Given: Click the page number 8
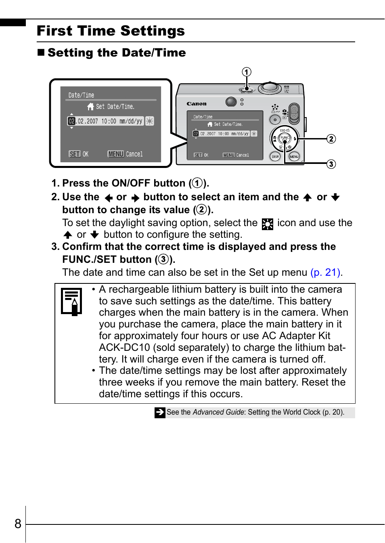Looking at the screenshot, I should (18, 524).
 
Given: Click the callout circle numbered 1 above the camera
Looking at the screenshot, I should (247, 72).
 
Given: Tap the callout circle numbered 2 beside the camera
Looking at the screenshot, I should (331, 139).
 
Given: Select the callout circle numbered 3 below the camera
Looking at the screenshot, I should (331, 164).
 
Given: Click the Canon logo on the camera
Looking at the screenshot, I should (197, 104).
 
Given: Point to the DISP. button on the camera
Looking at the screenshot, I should (275, 156).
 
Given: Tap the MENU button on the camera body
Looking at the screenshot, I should (294, 156).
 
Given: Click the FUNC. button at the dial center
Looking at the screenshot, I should (285, 138).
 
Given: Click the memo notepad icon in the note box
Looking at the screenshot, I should (71, 301).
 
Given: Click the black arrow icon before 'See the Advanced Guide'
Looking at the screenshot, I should (160, 412).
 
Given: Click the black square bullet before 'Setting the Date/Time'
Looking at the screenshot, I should (41, 52).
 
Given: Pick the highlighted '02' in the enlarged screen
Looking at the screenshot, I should (71, 121).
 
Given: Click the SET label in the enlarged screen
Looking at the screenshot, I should (75, 154).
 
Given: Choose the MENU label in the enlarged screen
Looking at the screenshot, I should (116, 154).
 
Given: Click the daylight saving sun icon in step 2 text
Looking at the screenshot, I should (267, 224).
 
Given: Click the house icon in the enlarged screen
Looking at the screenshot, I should (90, 107).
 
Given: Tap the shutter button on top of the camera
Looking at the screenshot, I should (270, 87).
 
